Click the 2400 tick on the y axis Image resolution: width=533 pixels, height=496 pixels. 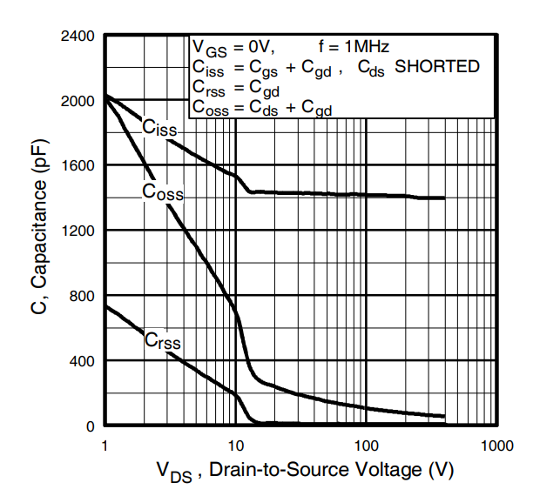(78, 37)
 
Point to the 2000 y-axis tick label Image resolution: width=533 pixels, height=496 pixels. (78, 101)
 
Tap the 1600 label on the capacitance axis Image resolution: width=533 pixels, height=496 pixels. (78, 165)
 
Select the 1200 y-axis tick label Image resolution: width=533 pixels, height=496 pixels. (78, 231)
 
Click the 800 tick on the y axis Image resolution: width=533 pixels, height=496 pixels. (83, 296)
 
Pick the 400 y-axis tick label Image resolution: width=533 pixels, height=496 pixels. (83, 360)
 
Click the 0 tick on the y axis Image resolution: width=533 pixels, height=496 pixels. (91, 426)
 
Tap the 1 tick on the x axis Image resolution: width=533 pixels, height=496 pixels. (105, 446)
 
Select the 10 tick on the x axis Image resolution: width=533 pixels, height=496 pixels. (235, 446)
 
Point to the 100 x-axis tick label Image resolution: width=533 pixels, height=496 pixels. (366, 446)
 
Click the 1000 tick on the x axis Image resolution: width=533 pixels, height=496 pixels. (496, 446)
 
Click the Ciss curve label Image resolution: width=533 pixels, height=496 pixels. (159, 129)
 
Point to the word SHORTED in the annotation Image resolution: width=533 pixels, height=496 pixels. (438, 66)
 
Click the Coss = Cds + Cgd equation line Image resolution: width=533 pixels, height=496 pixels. (261, 108)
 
